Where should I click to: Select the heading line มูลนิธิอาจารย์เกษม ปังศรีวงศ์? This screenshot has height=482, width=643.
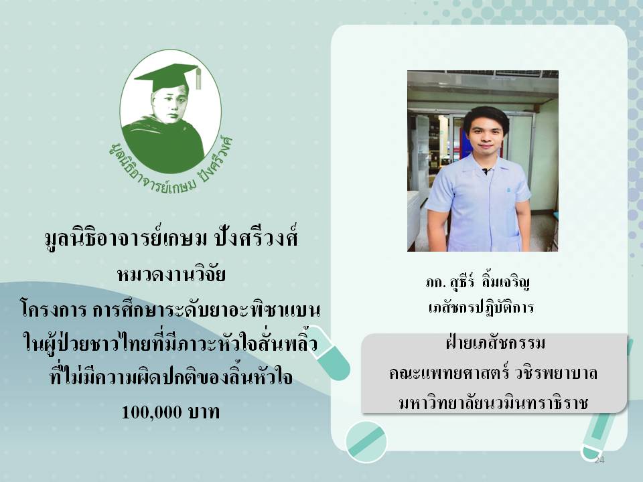[x=171, y=238]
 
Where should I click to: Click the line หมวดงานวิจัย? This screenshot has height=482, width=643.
[x=171, y=274]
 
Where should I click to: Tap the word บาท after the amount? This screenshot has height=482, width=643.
[x=204, y=412]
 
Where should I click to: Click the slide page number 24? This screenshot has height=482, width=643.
[x=599, y=460]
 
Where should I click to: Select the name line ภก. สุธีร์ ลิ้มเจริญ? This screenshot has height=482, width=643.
[x=478, y=282]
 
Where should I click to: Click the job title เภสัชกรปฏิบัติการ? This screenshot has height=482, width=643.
[x=481, y=307]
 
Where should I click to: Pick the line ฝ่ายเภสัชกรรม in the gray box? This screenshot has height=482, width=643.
[x=495, y=343]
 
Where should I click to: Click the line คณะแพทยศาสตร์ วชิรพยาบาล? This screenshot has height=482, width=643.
[x=494, y=372]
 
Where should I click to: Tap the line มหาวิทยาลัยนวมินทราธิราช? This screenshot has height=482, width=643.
[x=494, y=402]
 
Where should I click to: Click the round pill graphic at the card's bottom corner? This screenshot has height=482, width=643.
[x=366, y=441]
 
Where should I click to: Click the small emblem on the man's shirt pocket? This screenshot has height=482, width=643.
[x=508, y=190]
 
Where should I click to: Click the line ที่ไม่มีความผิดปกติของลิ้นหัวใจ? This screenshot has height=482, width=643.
[x=171, y=376]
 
